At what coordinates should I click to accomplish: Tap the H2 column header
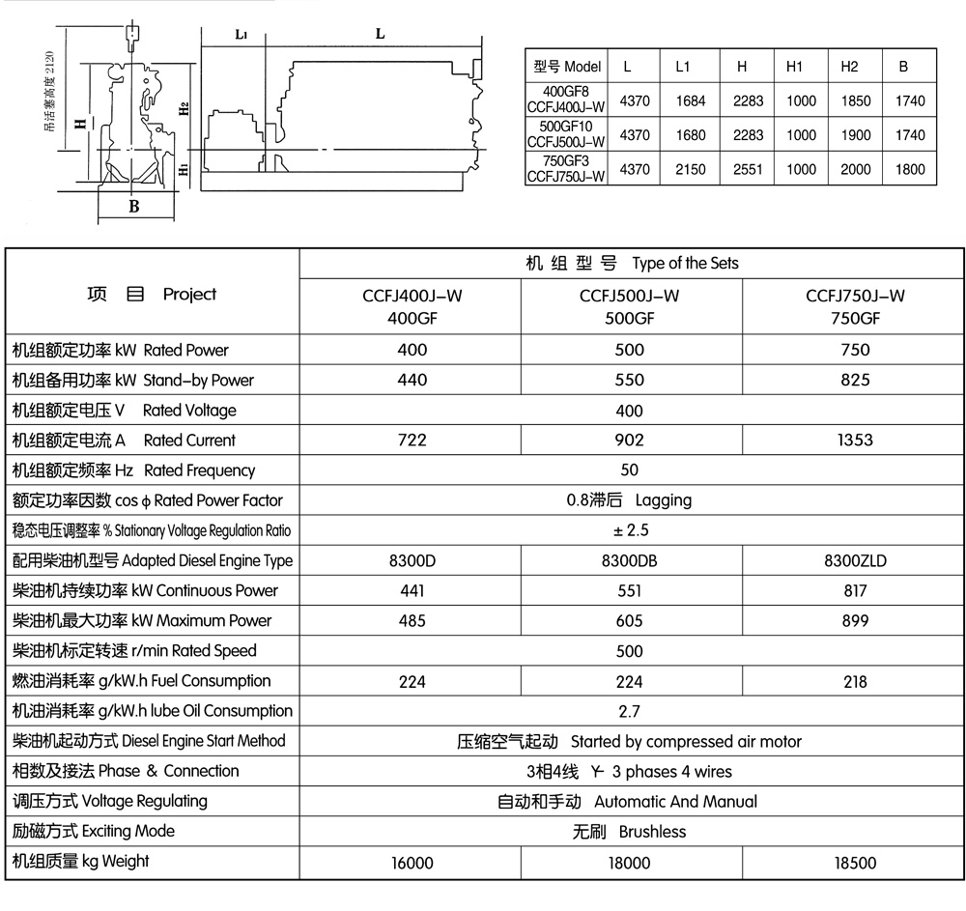tap(849, 67)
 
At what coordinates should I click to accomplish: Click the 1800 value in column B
tap(909, 169)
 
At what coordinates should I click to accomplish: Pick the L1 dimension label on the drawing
tap(241, 34)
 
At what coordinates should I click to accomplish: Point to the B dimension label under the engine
tap(134, 205)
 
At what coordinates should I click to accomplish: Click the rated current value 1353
tap(853, 440)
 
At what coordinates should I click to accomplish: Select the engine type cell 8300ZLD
tap(854, 560)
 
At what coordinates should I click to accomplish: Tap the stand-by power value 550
tap(630, 380)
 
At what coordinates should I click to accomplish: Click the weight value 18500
tap(854, 862)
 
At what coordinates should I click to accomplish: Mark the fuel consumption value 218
tap(854, 681)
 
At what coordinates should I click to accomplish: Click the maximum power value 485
tap(412, 620)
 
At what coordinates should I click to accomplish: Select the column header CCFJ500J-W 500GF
tap(630, 306)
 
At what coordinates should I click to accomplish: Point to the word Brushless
tap(652, 831)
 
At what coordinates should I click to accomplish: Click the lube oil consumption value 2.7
tap(630, 711)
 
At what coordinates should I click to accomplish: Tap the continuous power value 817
tap(854, 590)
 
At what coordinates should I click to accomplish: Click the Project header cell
tap(152, 295)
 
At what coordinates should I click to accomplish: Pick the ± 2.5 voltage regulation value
tap(630, 530)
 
